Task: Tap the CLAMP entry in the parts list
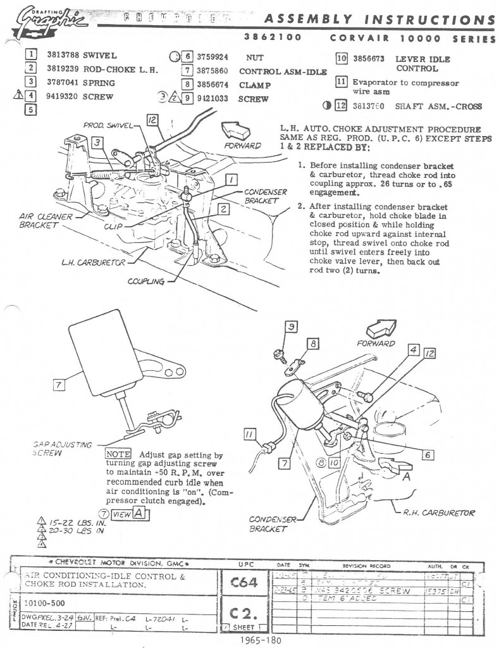255,85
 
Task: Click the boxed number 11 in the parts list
342,82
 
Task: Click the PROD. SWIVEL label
104,126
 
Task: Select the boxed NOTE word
118,454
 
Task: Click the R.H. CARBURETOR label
439,513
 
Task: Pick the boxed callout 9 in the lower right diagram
292,327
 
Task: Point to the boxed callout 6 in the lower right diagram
428,454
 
